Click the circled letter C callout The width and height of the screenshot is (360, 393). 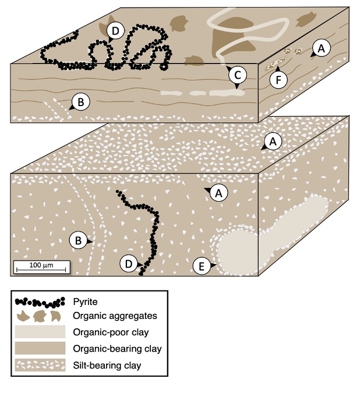[x=237, y=74]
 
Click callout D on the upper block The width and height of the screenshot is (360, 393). [x=116, y=31]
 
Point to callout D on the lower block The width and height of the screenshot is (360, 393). [x=129, y=264]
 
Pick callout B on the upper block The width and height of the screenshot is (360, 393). [x=81, y=103]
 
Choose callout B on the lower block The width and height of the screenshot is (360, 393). [x=77, y=239]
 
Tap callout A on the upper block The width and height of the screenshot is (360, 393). [x=321, y=48]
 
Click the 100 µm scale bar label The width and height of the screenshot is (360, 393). [x=41, y=265]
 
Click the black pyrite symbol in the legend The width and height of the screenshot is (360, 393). [x=40, y=303]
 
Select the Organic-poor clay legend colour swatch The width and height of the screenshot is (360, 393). [x=40, y=334]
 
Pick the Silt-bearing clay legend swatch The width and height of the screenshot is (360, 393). [x=40, y=366]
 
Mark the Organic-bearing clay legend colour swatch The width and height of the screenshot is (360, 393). [x=40, y=349]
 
